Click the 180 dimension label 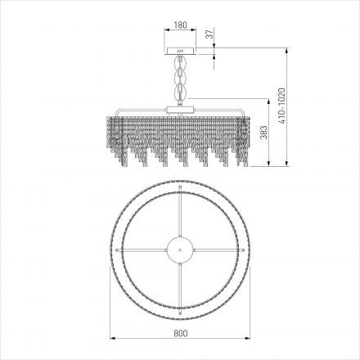(179, 25)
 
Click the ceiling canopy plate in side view (179, 50)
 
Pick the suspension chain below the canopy (179, 78)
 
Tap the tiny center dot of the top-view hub (179, 248)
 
